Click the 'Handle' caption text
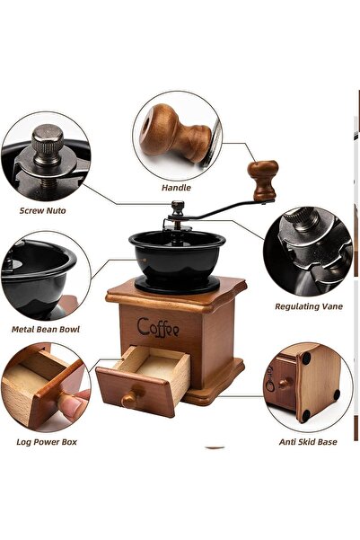[176, 188]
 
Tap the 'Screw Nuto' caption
[42, 210]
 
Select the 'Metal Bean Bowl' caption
[47, 329]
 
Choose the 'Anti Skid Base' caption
[308, 442]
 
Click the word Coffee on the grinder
[157, 326]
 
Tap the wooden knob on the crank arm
[263, 178]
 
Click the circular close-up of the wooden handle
[176, 134]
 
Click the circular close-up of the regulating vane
[307, 251]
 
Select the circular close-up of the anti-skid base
[308, 385]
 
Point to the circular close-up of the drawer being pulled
[45, 386]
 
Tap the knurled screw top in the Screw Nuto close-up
[48, 139]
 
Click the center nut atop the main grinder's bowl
[178, 208]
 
